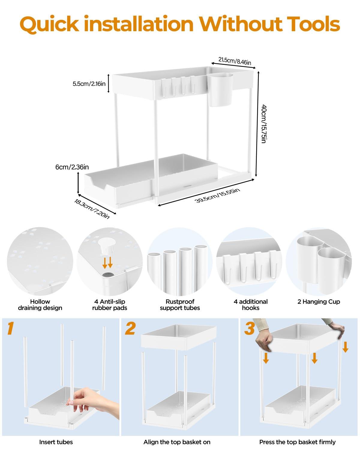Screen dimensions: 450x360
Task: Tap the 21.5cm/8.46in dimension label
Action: click(x=235, y=60)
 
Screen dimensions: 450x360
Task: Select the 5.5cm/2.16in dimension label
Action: click(x=89, y=84)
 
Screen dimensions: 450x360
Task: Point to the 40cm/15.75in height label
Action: click(x=263, y=124)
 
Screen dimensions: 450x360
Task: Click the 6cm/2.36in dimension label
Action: click(x=72, y=167)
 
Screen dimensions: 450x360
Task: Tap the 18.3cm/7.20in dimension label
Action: click(x=92, y=207)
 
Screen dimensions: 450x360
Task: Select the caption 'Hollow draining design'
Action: click(x=40, y=304)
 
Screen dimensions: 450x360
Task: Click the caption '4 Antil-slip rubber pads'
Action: click(x=109, y=304)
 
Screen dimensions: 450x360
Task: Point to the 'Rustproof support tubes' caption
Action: click(x=180, y=304)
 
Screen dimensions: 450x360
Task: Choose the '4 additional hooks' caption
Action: click(x=250, y=304)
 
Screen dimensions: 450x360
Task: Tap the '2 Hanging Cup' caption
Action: click(x=319, y=301)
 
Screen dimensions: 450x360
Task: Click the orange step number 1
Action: click(x=11, y=328)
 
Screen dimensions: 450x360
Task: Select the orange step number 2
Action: click(x=130, y=328)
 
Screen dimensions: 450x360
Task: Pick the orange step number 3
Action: click(x=250, y=328)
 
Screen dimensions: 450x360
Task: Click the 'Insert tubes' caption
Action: click(x=56, y=442)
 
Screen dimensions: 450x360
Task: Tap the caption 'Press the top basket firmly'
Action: click(x=297, y=442)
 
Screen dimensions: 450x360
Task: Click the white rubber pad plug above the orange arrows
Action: click(x=107, y=247)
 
